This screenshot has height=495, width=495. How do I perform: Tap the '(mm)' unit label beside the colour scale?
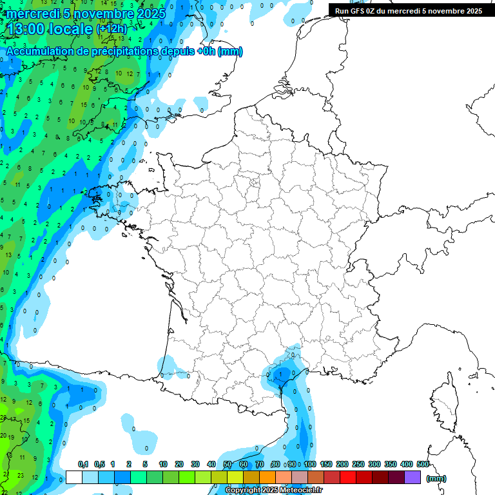pos(436,478)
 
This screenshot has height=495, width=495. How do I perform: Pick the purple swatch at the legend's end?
pos(412,478)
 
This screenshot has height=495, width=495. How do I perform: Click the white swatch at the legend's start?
pos(74,478)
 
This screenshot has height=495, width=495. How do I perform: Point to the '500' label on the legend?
pos(423,464)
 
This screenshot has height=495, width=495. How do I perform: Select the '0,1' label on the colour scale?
pos(83,464)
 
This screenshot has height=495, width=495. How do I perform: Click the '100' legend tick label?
pos(310,464)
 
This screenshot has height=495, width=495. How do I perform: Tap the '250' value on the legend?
pos(358,464)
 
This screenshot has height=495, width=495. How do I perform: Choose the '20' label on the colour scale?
pos(179,464)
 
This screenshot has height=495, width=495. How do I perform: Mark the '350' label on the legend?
pos(391,464)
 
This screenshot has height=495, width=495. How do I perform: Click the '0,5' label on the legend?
pos(99,464)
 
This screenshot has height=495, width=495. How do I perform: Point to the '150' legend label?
pos(326,464)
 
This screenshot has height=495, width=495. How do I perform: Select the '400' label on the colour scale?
pos(407,464)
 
